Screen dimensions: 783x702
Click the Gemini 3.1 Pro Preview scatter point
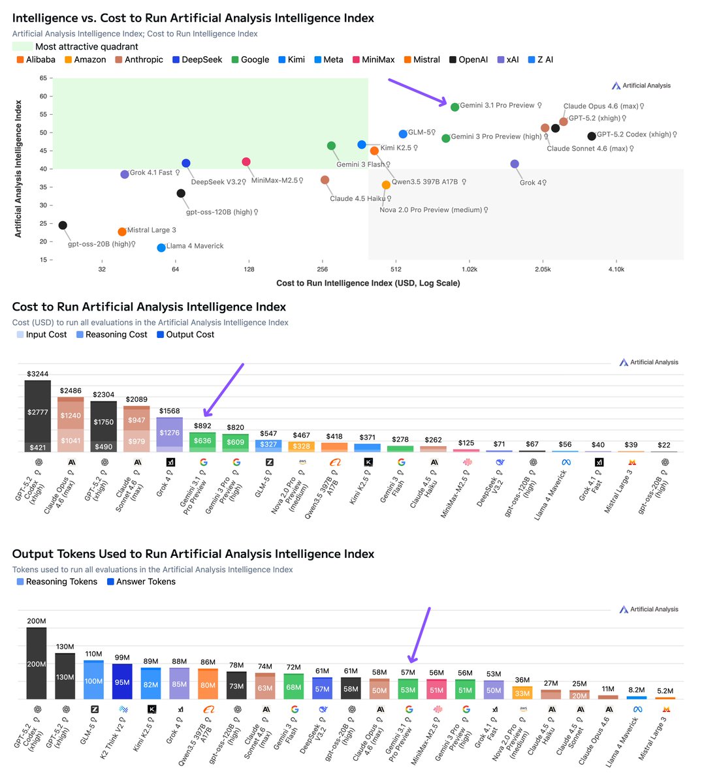coord(455,107)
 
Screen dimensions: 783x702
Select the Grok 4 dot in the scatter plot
coord(515,164)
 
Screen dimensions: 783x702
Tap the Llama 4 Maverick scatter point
coord(161,248)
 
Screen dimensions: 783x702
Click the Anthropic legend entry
coord(139,59)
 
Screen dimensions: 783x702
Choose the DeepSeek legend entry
coord(197,59)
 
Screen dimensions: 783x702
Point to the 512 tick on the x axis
coord(396,269)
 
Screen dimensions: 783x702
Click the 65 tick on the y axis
coord(43,78)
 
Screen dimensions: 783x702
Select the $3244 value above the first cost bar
coord(37,374)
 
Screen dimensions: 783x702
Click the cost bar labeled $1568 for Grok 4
coord(169,434)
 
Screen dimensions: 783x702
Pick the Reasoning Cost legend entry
coord(112,335)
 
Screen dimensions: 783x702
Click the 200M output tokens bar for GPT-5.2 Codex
coord(37,663)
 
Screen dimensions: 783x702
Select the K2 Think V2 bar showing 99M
coord(122,681)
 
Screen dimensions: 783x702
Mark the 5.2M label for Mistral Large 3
coord(665,691)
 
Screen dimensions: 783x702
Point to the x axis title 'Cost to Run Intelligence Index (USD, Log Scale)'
coord(368,283)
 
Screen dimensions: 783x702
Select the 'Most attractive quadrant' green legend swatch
coord(22,46)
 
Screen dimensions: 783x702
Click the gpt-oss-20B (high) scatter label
coord(101,244)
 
